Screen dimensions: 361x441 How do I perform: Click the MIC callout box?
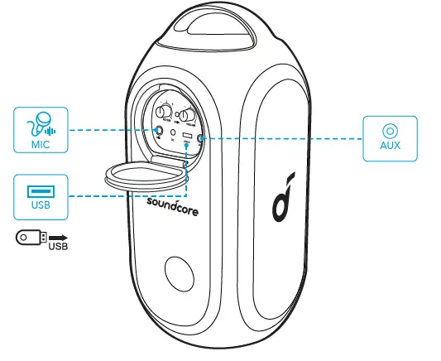coord(37,129)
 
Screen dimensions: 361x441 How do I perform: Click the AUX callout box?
coord(389,137)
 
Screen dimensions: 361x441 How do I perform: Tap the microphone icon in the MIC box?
coord(36,123)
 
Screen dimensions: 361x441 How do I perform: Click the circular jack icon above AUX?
coord(389,131)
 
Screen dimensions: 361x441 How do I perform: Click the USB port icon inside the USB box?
coord(37,190)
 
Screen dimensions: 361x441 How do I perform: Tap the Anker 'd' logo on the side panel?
coord(281,200)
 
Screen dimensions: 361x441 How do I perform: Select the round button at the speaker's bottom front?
coord(180,273)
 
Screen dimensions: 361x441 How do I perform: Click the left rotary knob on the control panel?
coord(165,112)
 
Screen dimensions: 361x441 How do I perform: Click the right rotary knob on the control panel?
coord(189,117)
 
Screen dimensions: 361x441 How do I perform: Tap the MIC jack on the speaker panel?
coord(159,130)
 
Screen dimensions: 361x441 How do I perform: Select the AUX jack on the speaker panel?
coord(202,137)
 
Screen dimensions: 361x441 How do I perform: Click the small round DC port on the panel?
coord(173,132)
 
